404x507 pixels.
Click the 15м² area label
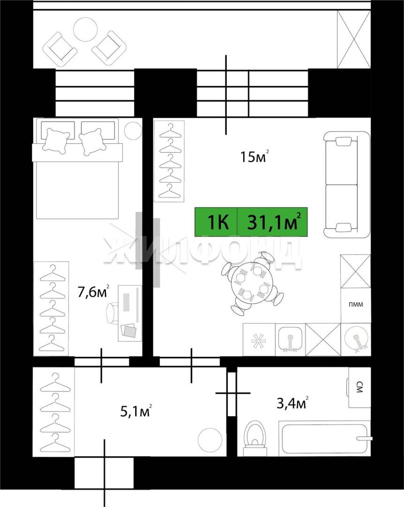click(254, 157)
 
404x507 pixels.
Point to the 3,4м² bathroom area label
click(292, 403)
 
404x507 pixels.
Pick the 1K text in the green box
click(218, 223)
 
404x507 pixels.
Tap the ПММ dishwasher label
click(356, 304)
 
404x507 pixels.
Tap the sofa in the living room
click(347, 184)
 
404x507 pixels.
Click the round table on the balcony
click(85, 29)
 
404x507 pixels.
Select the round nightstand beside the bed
click(133, 131)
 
